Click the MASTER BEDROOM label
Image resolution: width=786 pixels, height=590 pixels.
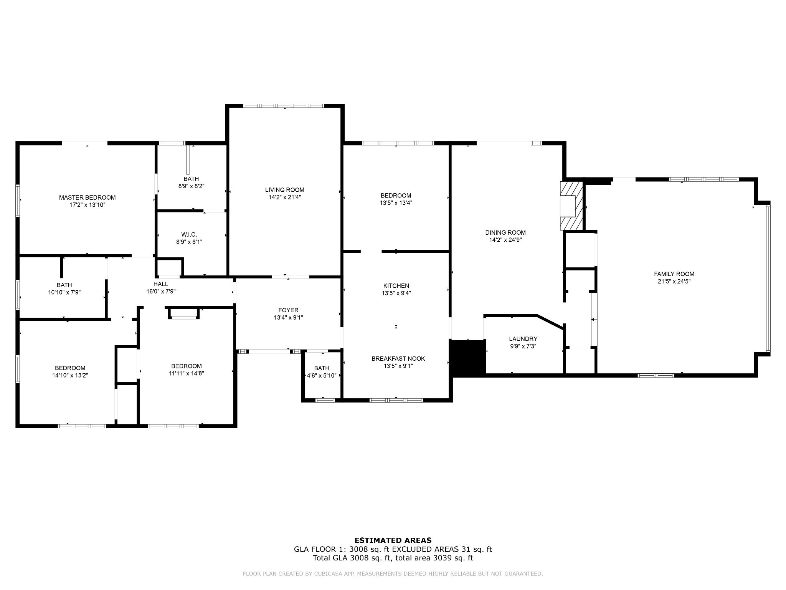tap(87, 197)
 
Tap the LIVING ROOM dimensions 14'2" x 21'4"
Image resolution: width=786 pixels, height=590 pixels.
tap(284, 197)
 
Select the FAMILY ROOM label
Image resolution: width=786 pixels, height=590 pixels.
tap(674, 274)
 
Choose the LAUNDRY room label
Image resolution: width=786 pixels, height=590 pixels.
tap(523, 339)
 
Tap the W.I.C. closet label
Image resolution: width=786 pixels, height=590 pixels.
tap(189, 234)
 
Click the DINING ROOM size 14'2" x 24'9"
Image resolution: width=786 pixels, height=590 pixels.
tap(505, 240)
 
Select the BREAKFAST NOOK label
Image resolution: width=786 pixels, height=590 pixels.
tap(398, 358)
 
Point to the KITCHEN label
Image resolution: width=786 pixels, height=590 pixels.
tap(396, 286)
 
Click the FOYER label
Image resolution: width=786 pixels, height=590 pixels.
tap(288, 310)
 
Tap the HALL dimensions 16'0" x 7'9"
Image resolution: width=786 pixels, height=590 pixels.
tap(161, 292)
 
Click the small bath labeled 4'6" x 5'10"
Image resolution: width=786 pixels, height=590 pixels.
tap(322, 375)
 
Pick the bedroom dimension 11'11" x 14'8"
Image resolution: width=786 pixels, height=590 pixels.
tap(187, 373)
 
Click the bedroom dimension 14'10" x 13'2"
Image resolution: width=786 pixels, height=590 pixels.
tap(70, 375)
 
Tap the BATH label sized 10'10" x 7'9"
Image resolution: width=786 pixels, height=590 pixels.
tap(64, 285)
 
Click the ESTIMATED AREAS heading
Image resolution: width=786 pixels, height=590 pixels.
tap(393, 540)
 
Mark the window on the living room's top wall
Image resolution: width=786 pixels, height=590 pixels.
tap(284, 106)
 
